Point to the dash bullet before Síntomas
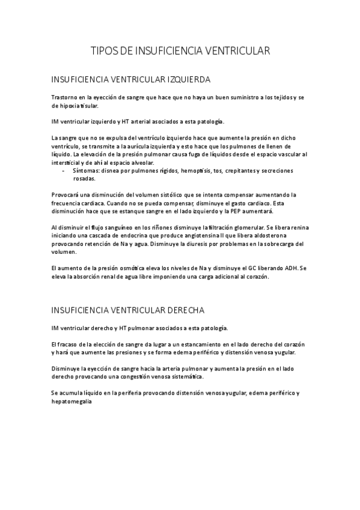click(x=64, y=171)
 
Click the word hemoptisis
click(x=196, y=171)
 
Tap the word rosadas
click(x=84, y=179)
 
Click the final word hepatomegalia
click(x=73, y=402)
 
